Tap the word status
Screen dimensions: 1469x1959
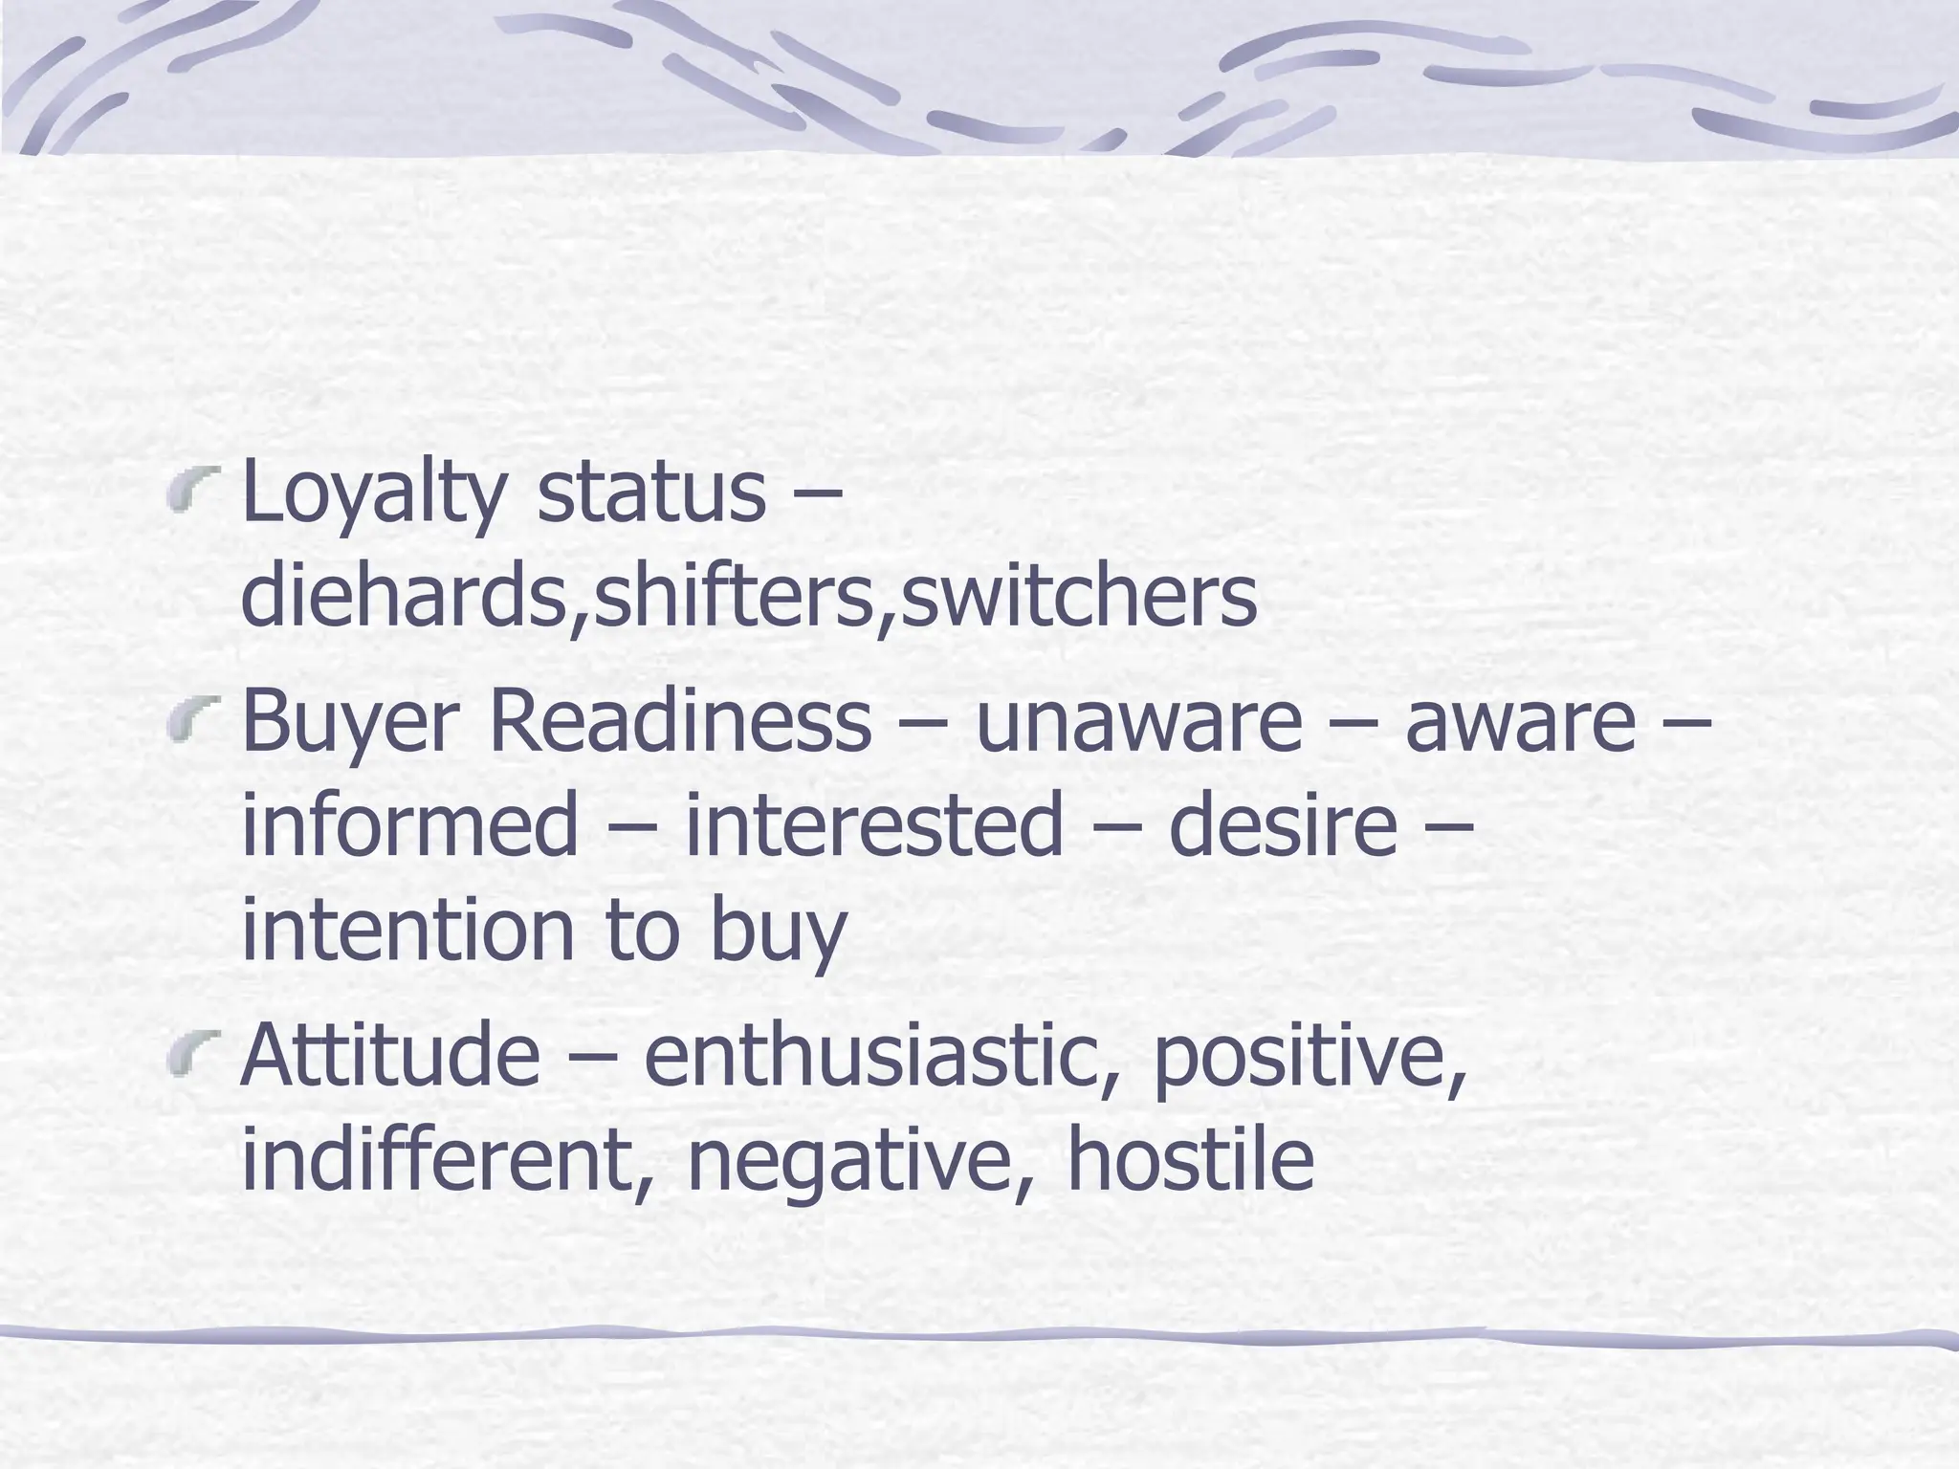pos(651,493)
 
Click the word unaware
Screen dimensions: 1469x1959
pos(1138,722)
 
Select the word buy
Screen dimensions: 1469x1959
pos(778,932)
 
